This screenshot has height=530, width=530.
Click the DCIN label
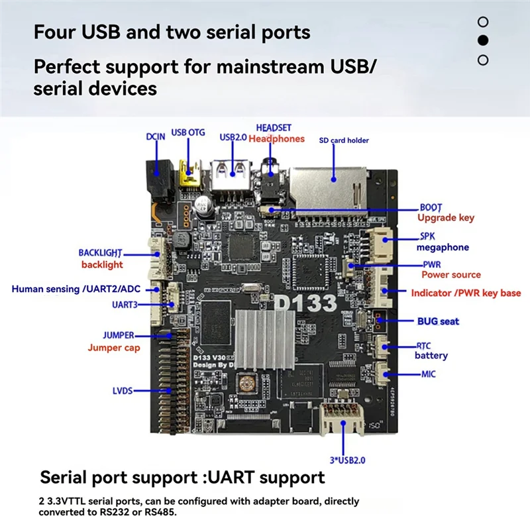(x=155, y=137)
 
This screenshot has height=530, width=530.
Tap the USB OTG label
(x=189, y=132)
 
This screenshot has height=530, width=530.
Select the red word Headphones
(x=276, y=139)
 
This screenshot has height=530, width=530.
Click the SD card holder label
(x=344, y=140)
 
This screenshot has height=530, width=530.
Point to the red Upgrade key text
(x=446, y=218)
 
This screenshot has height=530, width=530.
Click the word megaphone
(x=443, y=248)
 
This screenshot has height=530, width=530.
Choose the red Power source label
(x=451, y=275)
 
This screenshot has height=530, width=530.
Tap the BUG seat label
(x=438, y=321)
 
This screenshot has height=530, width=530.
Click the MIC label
(x=429, y=374)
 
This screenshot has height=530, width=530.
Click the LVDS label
(x=122, y=392)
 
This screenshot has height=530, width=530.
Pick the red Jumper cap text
(x=114, y=348)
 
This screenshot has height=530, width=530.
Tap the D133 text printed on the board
(x=306, y=302)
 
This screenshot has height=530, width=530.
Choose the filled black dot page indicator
(x=483, y=40)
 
